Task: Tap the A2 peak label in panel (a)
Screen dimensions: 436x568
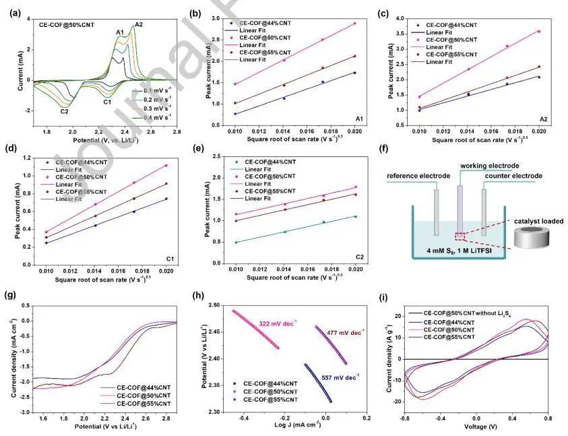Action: point(139,25)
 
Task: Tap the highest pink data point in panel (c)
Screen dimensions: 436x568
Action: point(539,31)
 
